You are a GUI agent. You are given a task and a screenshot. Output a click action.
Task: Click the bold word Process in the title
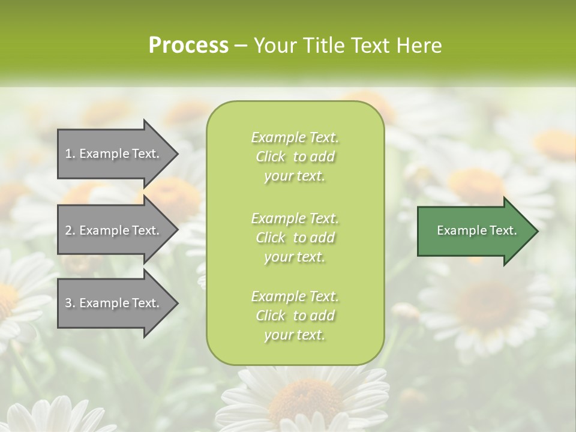(188, 45)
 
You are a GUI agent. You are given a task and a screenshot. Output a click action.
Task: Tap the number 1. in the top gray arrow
(70, 154)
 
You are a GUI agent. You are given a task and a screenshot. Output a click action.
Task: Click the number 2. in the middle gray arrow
(70, 230)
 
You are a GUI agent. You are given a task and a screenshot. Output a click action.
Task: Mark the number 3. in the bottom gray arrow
(70, 303)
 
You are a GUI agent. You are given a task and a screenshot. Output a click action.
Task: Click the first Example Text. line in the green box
(295, 137)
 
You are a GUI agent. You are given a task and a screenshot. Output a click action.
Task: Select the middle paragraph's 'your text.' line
(295, 257)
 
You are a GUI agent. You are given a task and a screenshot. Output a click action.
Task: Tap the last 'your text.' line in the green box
(295, 335)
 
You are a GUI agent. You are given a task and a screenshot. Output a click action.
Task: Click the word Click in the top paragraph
(271, 157)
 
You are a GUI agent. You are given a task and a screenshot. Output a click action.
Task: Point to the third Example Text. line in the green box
(295, 296)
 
